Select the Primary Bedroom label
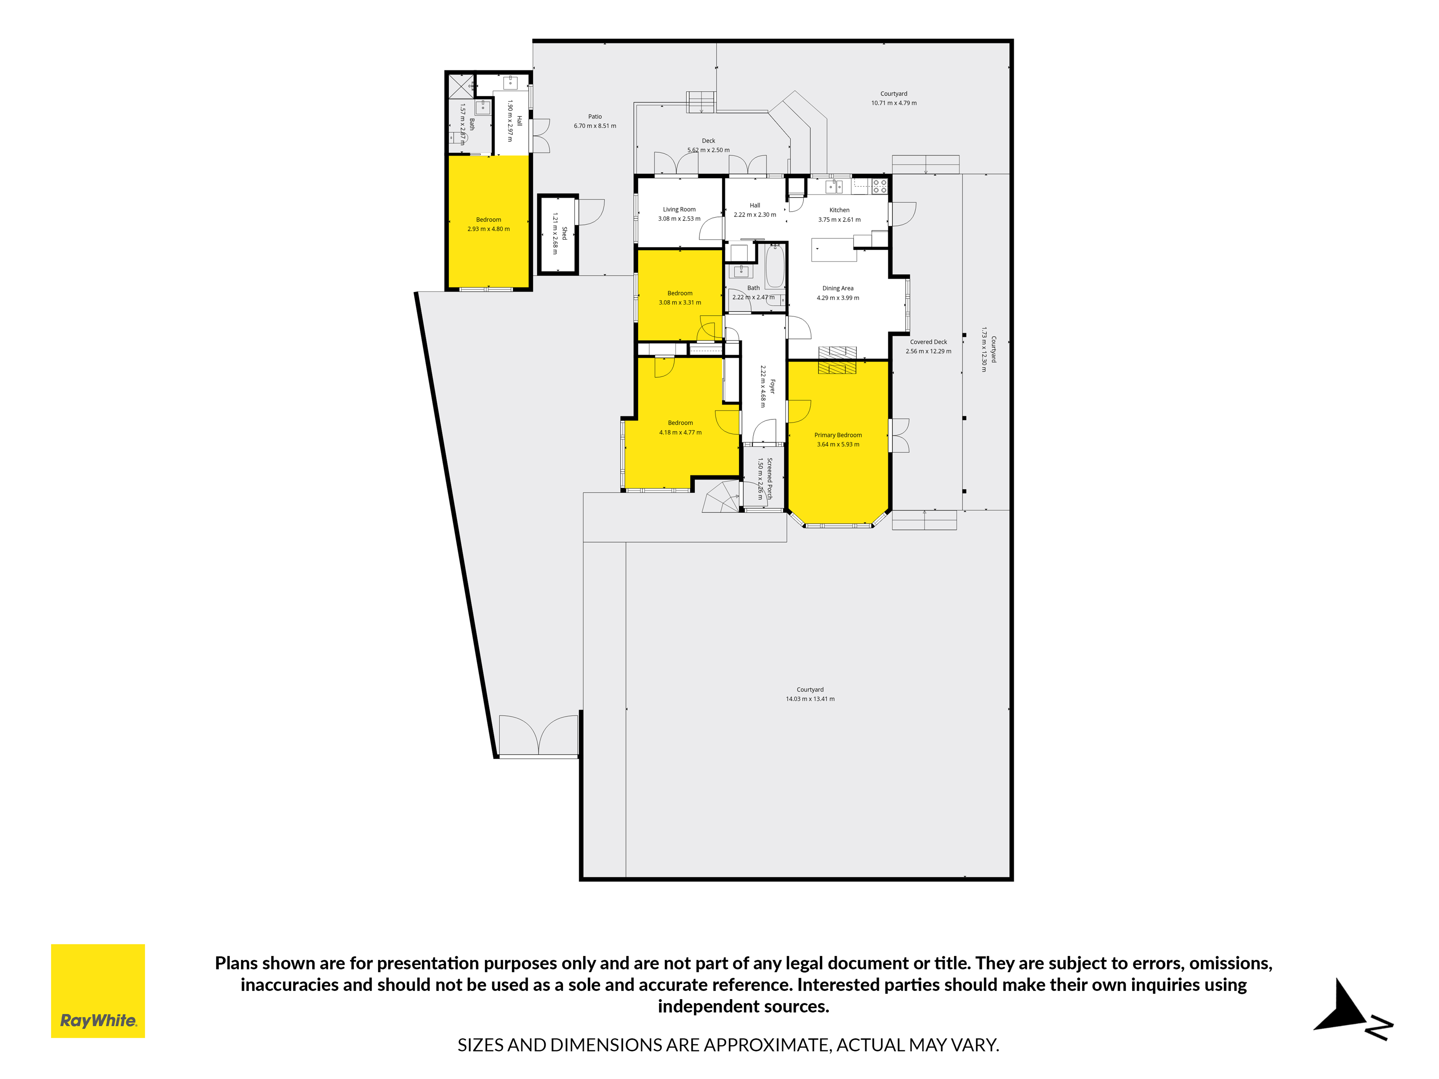click(838, 435)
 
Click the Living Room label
click(679, 210)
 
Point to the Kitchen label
click(839, 210)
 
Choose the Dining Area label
click(838, 288)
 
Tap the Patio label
click(595, 116)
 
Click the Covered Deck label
click(928, 342)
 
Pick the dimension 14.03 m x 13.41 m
click(810, 698)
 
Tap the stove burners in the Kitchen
click(880, 186)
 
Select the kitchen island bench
click(834, 250)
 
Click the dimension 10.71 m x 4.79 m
click(894, 103)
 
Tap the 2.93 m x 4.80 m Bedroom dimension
click(489, 229)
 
